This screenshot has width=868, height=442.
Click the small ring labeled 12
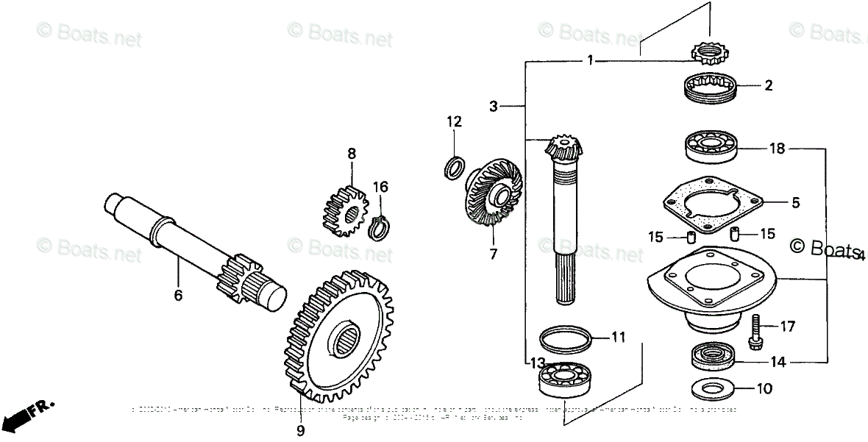click(x=455, y=166)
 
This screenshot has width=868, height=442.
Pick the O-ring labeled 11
click(x=565, y=340)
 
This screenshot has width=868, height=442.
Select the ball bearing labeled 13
click(x=566, y=379)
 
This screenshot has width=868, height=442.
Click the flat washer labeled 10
click(x=711, y=388)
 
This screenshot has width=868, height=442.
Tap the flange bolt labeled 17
click(x=754, y=332)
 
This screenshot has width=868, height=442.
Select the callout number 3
click(x=494, y=107)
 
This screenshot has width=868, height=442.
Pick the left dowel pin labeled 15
click(x=690, y=238)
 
